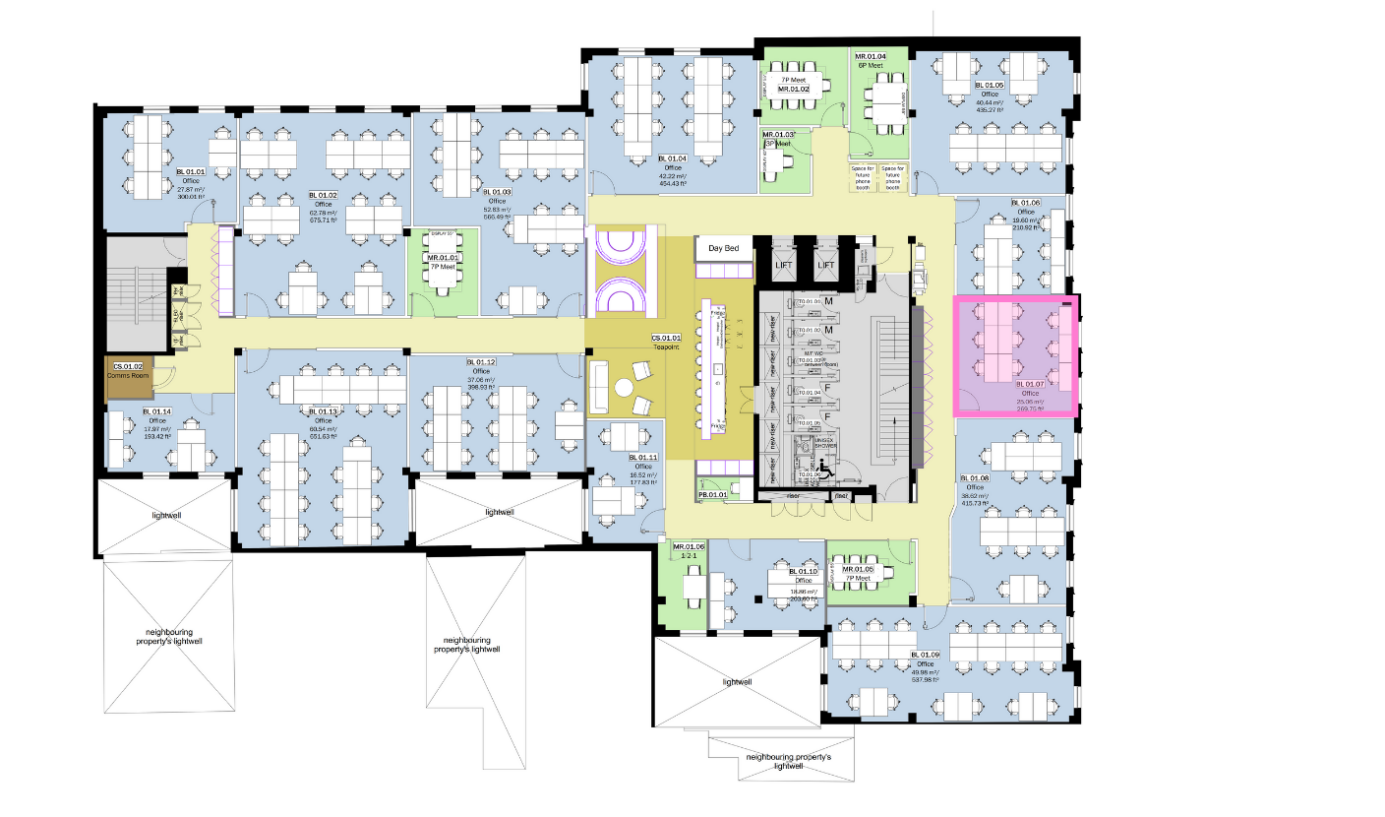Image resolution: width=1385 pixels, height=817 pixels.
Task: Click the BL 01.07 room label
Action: click(1029, 384)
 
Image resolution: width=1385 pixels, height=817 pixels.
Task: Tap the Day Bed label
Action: click(724, 248)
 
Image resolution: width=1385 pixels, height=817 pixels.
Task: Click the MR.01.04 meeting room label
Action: click(871, 57)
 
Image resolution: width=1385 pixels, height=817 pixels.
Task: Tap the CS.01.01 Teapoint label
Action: click(666, 340)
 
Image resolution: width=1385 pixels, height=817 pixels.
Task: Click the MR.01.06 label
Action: click(689, 547)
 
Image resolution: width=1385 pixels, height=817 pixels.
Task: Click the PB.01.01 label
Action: click(711, 494)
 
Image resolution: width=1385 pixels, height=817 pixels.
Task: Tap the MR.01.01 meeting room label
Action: click(442, 257)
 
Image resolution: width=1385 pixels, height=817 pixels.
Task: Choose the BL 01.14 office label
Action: click(156, 411)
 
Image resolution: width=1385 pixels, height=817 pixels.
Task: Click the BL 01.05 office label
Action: click(989, 86)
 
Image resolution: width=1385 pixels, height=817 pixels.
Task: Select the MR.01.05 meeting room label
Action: click(857, 569)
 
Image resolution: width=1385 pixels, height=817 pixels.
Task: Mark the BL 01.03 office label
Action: click(499, 192)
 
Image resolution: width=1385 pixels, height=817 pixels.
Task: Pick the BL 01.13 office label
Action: click(324, 411)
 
